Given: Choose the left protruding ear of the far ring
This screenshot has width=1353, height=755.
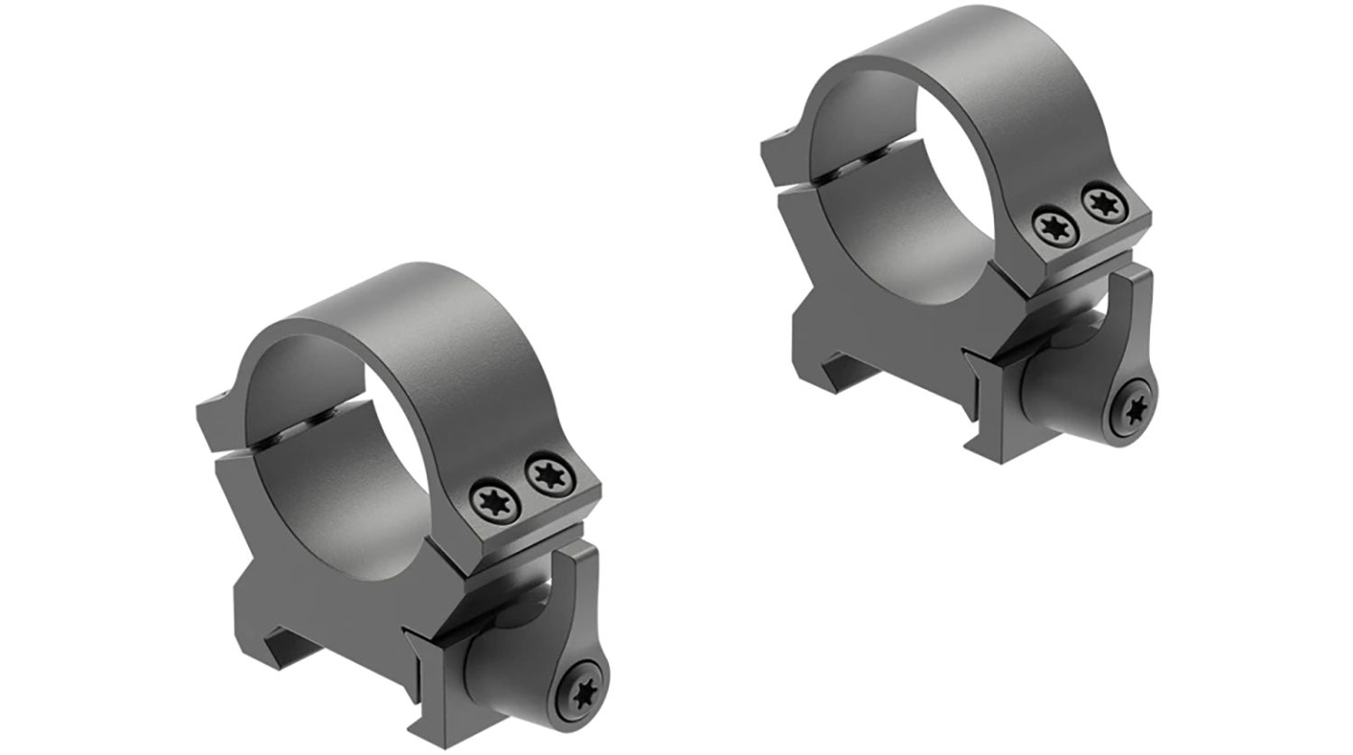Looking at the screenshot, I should coord(776,144).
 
